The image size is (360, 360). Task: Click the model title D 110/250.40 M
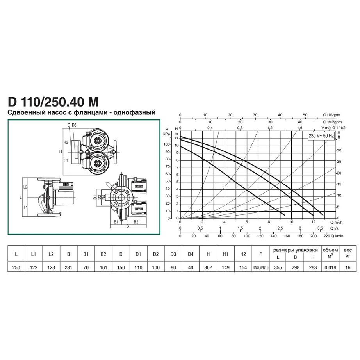[53, 102]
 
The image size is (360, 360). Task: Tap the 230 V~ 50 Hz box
[321, 136]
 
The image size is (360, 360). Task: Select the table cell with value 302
[208, 267]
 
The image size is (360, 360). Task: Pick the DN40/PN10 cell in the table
[260, 268]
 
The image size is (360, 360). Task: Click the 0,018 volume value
[330, 267]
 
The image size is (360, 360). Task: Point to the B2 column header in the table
[103, 254]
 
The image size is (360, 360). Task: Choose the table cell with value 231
[68, 267]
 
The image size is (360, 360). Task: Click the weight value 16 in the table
[348, 267]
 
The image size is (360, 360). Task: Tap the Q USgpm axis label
[331, 115]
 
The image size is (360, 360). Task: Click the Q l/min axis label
[337, 236]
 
